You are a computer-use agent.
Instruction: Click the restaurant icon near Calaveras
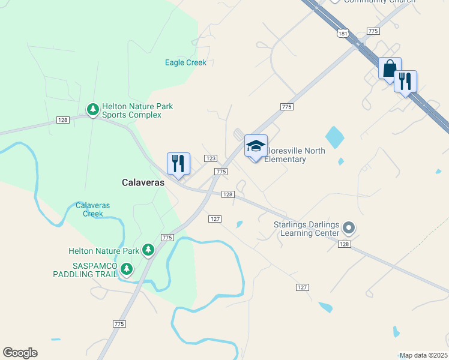click(x=178, y=163)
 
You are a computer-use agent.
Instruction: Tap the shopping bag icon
click(x=390, y=68)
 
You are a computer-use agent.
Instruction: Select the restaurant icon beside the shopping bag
click(x=405, y=81)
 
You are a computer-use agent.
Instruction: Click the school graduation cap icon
click(x=256, y=146)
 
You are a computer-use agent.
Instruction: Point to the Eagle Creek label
click(x=185, y=62)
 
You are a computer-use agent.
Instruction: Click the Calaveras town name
click(x=143, y=182)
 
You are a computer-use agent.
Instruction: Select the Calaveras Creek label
click(x=93, y=209)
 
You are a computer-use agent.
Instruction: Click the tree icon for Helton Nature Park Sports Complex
click(x=93, y=109)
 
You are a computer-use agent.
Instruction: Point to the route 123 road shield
click(x=210, y=158)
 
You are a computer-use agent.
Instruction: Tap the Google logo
click(x=20, y=353)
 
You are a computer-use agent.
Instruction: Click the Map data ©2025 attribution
click(x=423, y=355)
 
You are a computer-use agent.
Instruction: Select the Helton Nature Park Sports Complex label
click(x=137, y=110)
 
